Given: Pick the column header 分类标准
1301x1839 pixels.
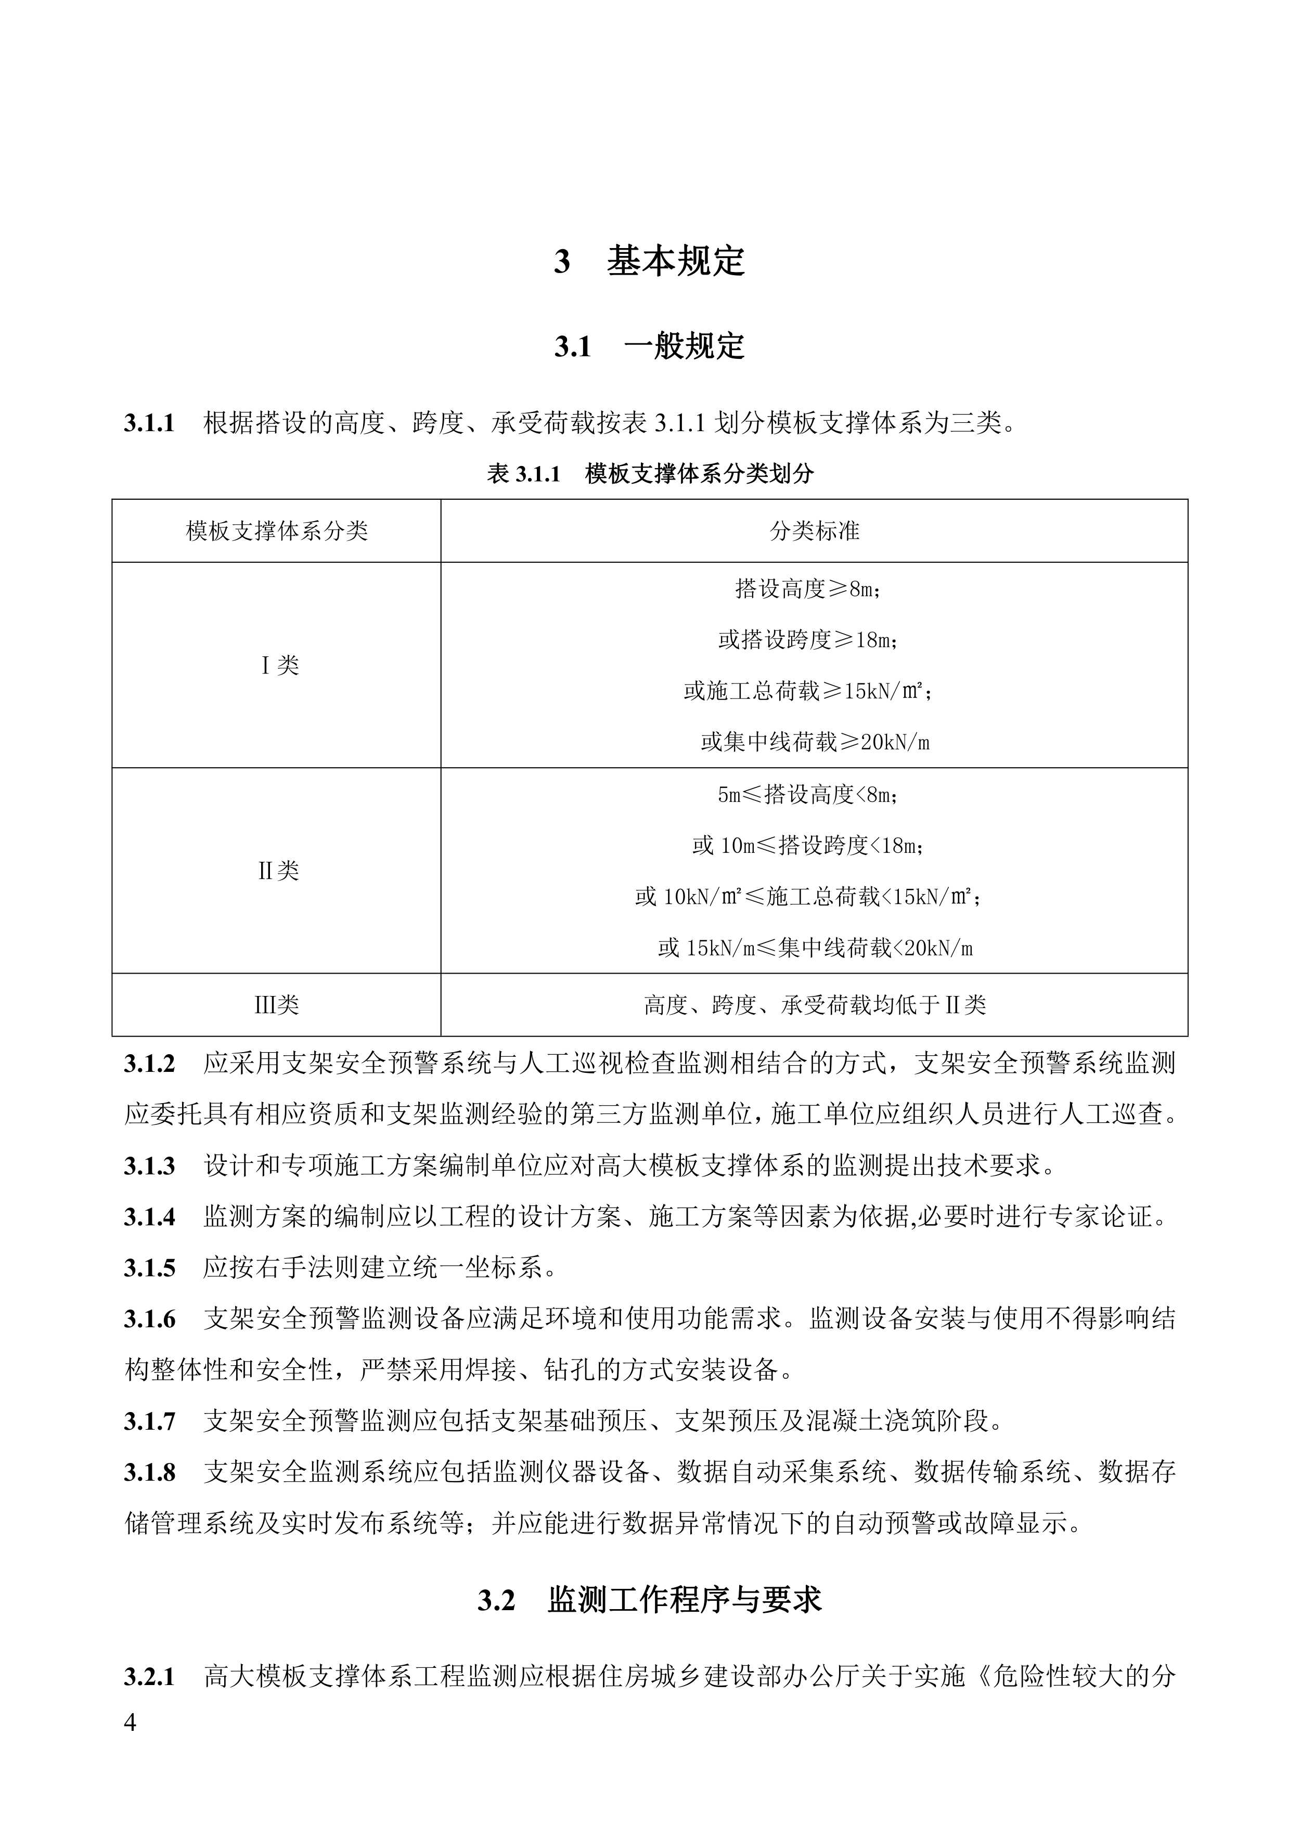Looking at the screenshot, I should [x=814, y=530].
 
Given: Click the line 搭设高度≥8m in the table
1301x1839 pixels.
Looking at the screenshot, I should [x=808, y=589].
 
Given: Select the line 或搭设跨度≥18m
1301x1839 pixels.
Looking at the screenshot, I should [x=808, y=640].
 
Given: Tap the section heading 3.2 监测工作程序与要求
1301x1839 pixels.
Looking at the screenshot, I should [x=650, y=1600].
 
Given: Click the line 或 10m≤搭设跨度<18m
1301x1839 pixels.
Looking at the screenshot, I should [x=808, y=845].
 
